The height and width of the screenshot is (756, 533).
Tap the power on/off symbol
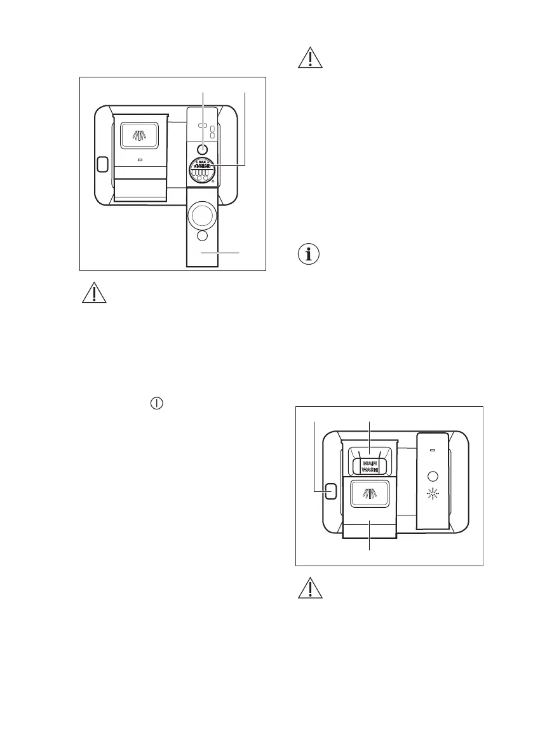[156, 403]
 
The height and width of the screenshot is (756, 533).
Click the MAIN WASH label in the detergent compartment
[370, 467]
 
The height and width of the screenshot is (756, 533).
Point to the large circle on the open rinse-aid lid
[202, 215]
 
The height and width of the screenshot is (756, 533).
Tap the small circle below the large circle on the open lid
[202, 236]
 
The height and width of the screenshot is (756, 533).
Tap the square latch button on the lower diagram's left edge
[330, 491]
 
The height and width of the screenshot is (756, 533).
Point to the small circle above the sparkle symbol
[433, 475]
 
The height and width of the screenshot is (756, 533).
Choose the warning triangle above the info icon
[311, 58]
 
